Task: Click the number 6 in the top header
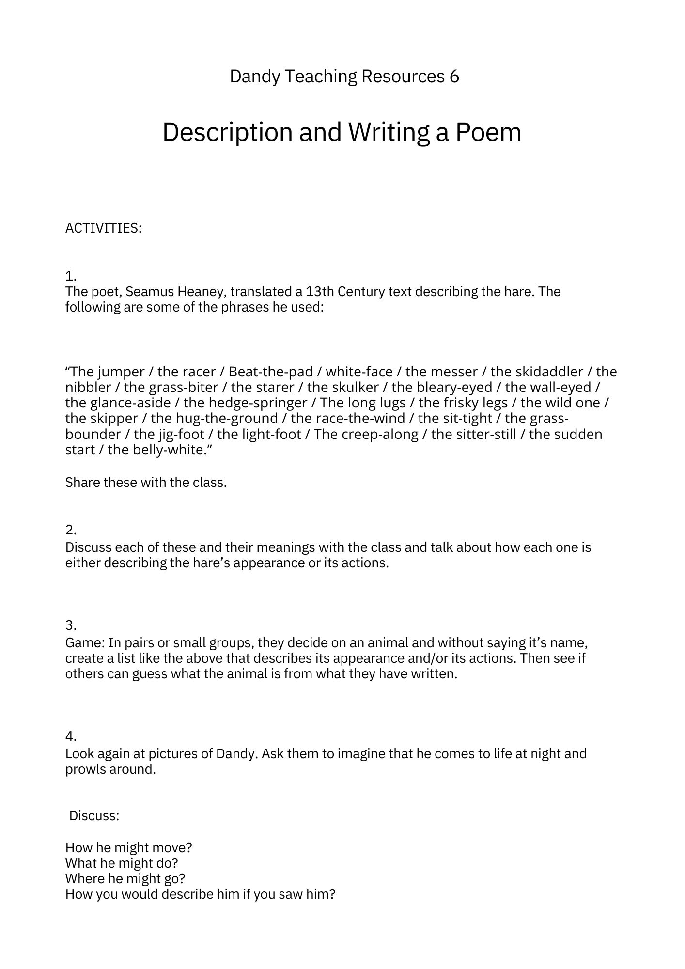tap(454, 77)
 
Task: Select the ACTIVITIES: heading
tap(104, 228)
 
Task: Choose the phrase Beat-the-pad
tap(271, 372)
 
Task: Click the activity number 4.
tap(71, 736)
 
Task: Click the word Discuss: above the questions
tap(94, 816)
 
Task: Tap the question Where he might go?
tap(125, 878)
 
